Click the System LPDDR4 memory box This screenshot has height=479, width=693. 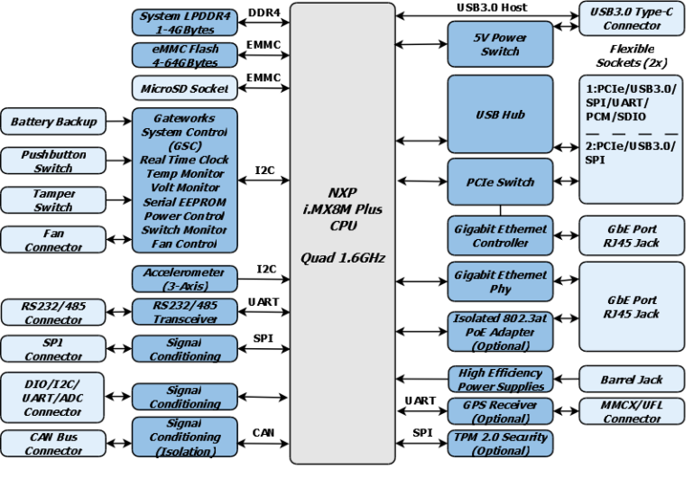[x=185, y=21]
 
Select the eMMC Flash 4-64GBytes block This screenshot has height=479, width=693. [x=185, y=55]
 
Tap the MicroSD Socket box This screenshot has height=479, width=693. [x=185, y=88]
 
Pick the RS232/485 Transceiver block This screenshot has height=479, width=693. [x=185, y=311]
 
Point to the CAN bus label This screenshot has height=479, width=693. [x=263, y=432]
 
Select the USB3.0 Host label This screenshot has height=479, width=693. [x=491, y=7]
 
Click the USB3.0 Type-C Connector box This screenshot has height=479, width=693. [x=632, y=19]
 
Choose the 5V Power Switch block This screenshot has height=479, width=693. [x=500, y=44]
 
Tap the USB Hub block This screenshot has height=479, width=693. [x=500, y=115]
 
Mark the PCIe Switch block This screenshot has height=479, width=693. [x=500, y=181]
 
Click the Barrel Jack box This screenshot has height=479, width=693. [x=632, y=380]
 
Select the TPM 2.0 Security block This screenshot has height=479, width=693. [x=500, y=444]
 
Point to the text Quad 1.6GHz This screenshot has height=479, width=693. [x=343, y=258]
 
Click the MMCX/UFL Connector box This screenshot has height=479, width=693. [x=632, y=412]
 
